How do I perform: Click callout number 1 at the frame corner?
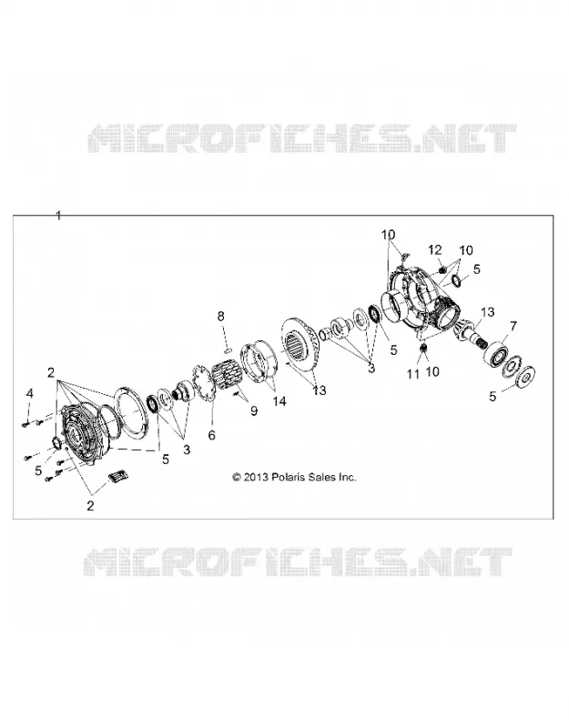(58, 216)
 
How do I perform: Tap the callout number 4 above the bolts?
(30, 394)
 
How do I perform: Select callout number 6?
(212, 435)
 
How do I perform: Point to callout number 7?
(513, 327)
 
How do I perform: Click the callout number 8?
(221, 316)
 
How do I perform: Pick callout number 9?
(254, 411)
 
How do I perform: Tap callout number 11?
(413, 374)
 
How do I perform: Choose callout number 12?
(435, 250)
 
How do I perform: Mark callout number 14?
(279, 401)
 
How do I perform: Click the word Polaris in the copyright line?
(290, 477)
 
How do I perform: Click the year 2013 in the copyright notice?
(256, 477)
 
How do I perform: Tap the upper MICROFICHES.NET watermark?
(302, 138)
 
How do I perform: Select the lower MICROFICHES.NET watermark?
(299, 561)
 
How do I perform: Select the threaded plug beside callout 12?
(442, 268)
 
